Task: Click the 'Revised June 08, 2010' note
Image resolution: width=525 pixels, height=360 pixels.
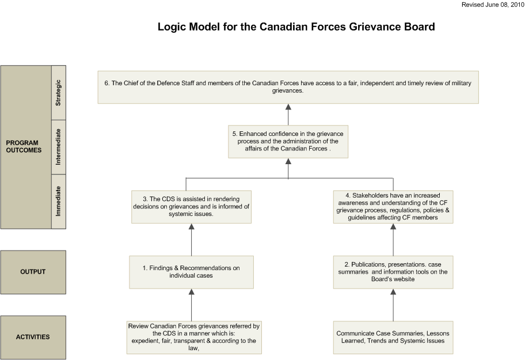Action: pyautogui.click(x=493, y=5)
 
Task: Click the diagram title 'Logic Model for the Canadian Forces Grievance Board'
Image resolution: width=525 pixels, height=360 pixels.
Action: pyautogui.click(x=296, y=27)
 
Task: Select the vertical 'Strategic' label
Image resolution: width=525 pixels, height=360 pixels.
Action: pyautogui.click(x=58, y=93)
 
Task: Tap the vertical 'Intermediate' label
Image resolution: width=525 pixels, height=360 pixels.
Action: pyautogui.click(x=58, y=147)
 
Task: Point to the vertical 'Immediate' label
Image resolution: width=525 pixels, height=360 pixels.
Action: pyautogui.click(x=58, y=201)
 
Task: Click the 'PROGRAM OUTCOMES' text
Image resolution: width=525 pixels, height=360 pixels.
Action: pyautogui.click(x=24, y=146)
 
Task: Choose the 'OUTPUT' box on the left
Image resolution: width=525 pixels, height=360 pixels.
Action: pyautogui.click(x=33, y=272)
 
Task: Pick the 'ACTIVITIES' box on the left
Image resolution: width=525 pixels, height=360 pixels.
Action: pyautogui.click(x=33, y=337)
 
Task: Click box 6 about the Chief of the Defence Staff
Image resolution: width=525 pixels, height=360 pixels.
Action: pyautogui.click(x=288, y=87)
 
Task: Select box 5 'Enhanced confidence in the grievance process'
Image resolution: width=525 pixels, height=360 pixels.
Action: pyautogui.click(x=288, y=142)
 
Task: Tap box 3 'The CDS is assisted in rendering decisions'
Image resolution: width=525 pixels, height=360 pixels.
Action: pyautogui.click(x=191, y=207)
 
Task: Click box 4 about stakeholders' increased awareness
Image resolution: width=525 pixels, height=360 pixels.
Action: pyautogui.click(x=393, y=207)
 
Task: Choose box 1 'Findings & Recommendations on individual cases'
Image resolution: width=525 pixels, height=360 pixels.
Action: pyautogui.click(x=191, y=272)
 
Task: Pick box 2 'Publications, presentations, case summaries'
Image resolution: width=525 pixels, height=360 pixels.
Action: pyautogui.click(x=393, y=272)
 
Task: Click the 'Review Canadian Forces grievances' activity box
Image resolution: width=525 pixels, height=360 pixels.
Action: pyautogui.click(x=194, y=337)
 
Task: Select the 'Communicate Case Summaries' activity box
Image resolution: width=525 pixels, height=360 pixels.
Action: pyautogui.click(x=393, y=337)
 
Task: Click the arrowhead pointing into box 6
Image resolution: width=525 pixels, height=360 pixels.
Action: pyautogui.click(x=288, y=107)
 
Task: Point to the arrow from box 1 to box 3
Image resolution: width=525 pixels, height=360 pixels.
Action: pyautogui.click(x=192, y=240)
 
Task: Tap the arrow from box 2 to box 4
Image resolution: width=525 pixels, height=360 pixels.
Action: pyautogui.click(x=393, y=240)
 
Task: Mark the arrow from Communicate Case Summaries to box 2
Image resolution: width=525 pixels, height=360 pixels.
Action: pyautogui.click(x=393, y=305)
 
